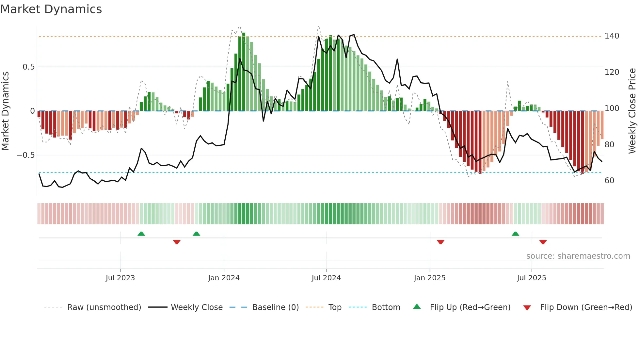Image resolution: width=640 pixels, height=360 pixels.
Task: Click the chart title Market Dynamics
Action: [x=51, y=9]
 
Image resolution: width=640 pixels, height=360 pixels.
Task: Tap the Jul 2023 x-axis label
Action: [x=120, y=278]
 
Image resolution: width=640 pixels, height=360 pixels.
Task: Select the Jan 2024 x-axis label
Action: [x=224, y=278]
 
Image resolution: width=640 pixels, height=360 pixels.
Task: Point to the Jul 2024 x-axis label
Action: [x=326, y=278]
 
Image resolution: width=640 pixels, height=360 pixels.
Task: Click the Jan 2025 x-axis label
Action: [x=429, y=278]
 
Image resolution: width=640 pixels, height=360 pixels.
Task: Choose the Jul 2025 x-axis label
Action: [x=531, y=278]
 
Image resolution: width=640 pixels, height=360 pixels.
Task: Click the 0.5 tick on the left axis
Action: [x=28, y=67]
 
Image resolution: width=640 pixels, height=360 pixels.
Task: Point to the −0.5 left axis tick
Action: [x=26, y=155]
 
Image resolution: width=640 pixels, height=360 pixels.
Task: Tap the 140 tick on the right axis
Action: [x=612, y=36]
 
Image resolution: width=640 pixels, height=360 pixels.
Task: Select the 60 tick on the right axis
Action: [x=609, y=181]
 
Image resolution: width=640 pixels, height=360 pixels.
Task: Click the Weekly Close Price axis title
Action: [x=632, y=111]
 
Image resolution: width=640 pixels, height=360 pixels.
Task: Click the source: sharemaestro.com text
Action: [x=578, y=256]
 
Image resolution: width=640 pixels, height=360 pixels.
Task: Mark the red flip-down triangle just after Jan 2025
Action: [x=440, y=242]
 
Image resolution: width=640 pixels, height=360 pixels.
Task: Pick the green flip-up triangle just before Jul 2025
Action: [x=515, y=234]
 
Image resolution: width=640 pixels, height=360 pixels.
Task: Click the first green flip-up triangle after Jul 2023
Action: [x=141, y=234]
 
